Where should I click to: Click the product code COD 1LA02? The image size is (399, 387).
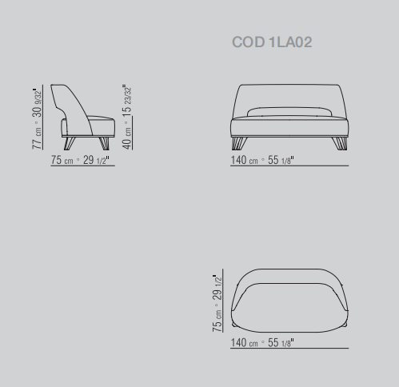pyautogui.click(x=272, y=42)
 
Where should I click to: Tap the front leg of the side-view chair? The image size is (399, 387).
pyautogui.click(x=104, y=143)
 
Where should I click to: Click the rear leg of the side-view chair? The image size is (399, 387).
pyautogui.click(x=70, y=143)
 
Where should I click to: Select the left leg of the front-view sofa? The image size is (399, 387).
pyautogui.click(x=239, y=143)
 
